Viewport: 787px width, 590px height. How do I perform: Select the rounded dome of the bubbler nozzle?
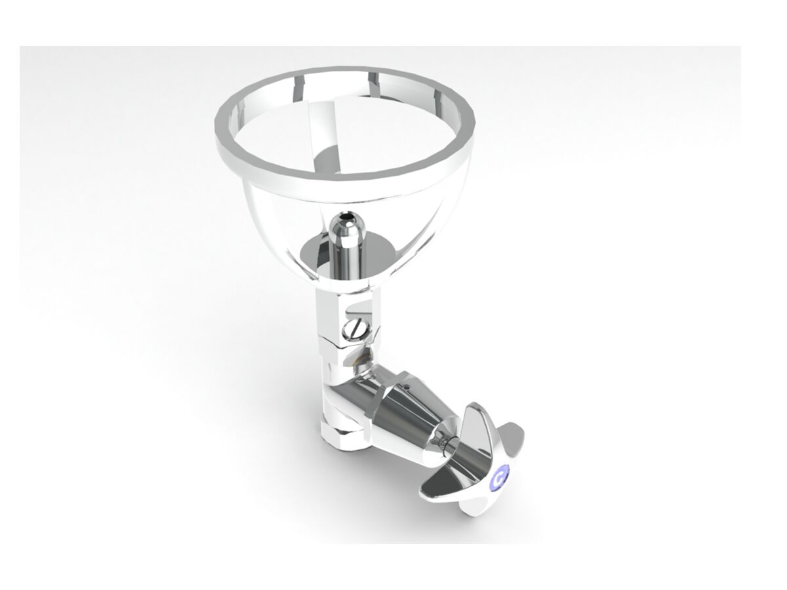(347, 226)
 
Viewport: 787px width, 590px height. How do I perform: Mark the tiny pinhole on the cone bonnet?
(407, 387)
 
